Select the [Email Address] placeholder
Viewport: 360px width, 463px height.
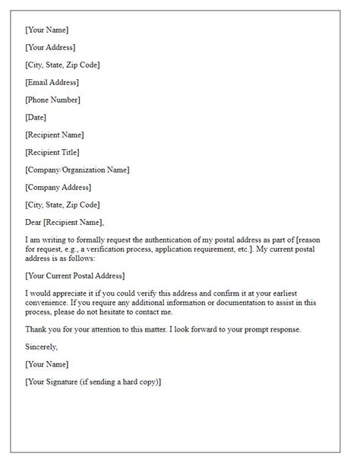pos(52,82)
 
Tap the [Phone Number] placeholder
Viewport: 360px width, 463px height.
pos(52,100)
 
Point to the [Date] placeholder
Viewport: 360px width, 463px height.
pos(36,117)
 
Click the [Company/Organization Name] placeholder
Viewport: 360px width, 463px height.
pos(77,170)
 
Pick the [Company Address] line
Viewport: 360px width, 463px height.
pos(58,187)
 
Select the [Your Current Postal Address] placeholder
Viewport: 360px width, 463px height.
pos(74,275)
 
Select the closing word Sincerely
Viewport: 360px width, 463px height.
pos(41,347)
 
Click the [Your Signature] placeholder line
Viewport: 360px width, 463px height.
pos(93,382)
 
